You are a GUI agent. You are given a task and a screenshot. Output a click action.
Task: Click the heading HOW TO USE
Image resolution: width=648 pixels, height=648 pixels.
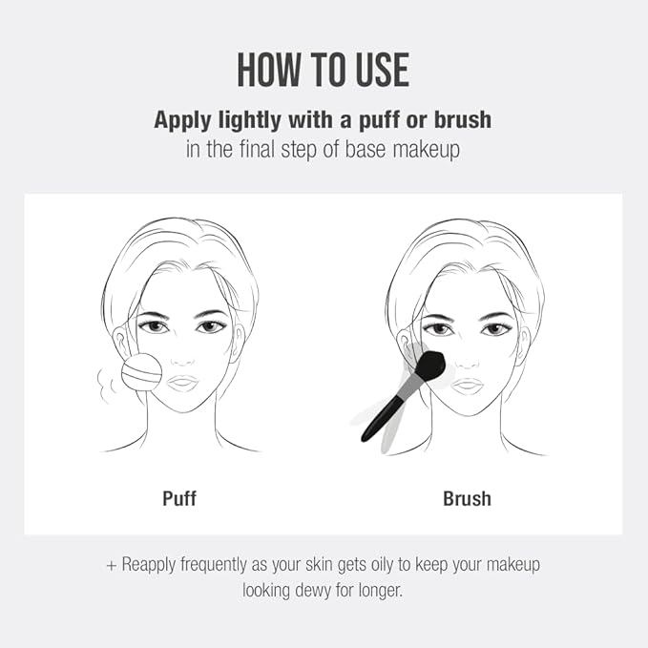[x=324, y=71]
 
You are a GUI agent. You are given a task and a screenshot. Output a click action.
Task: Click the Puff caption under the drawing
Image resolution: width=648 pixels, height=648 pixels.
[x=179, y=497]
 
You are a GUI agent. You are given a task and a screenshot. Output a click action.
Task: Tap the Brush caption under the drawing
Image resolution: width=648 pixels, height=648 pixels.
[x=467, y=497]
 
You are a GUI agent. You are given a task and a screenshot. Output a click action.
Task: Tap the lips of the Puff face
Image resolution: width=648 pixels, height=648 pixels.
[x=183, y=384]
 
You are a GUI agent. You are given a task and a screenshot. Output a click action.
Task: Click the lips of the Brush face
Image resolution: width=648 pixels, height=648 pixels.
[x=467, y=385]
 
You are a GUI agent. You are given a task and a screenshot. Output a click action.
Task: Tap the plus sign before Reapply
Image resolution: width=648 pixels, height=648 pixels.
[x=112, y=565]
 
